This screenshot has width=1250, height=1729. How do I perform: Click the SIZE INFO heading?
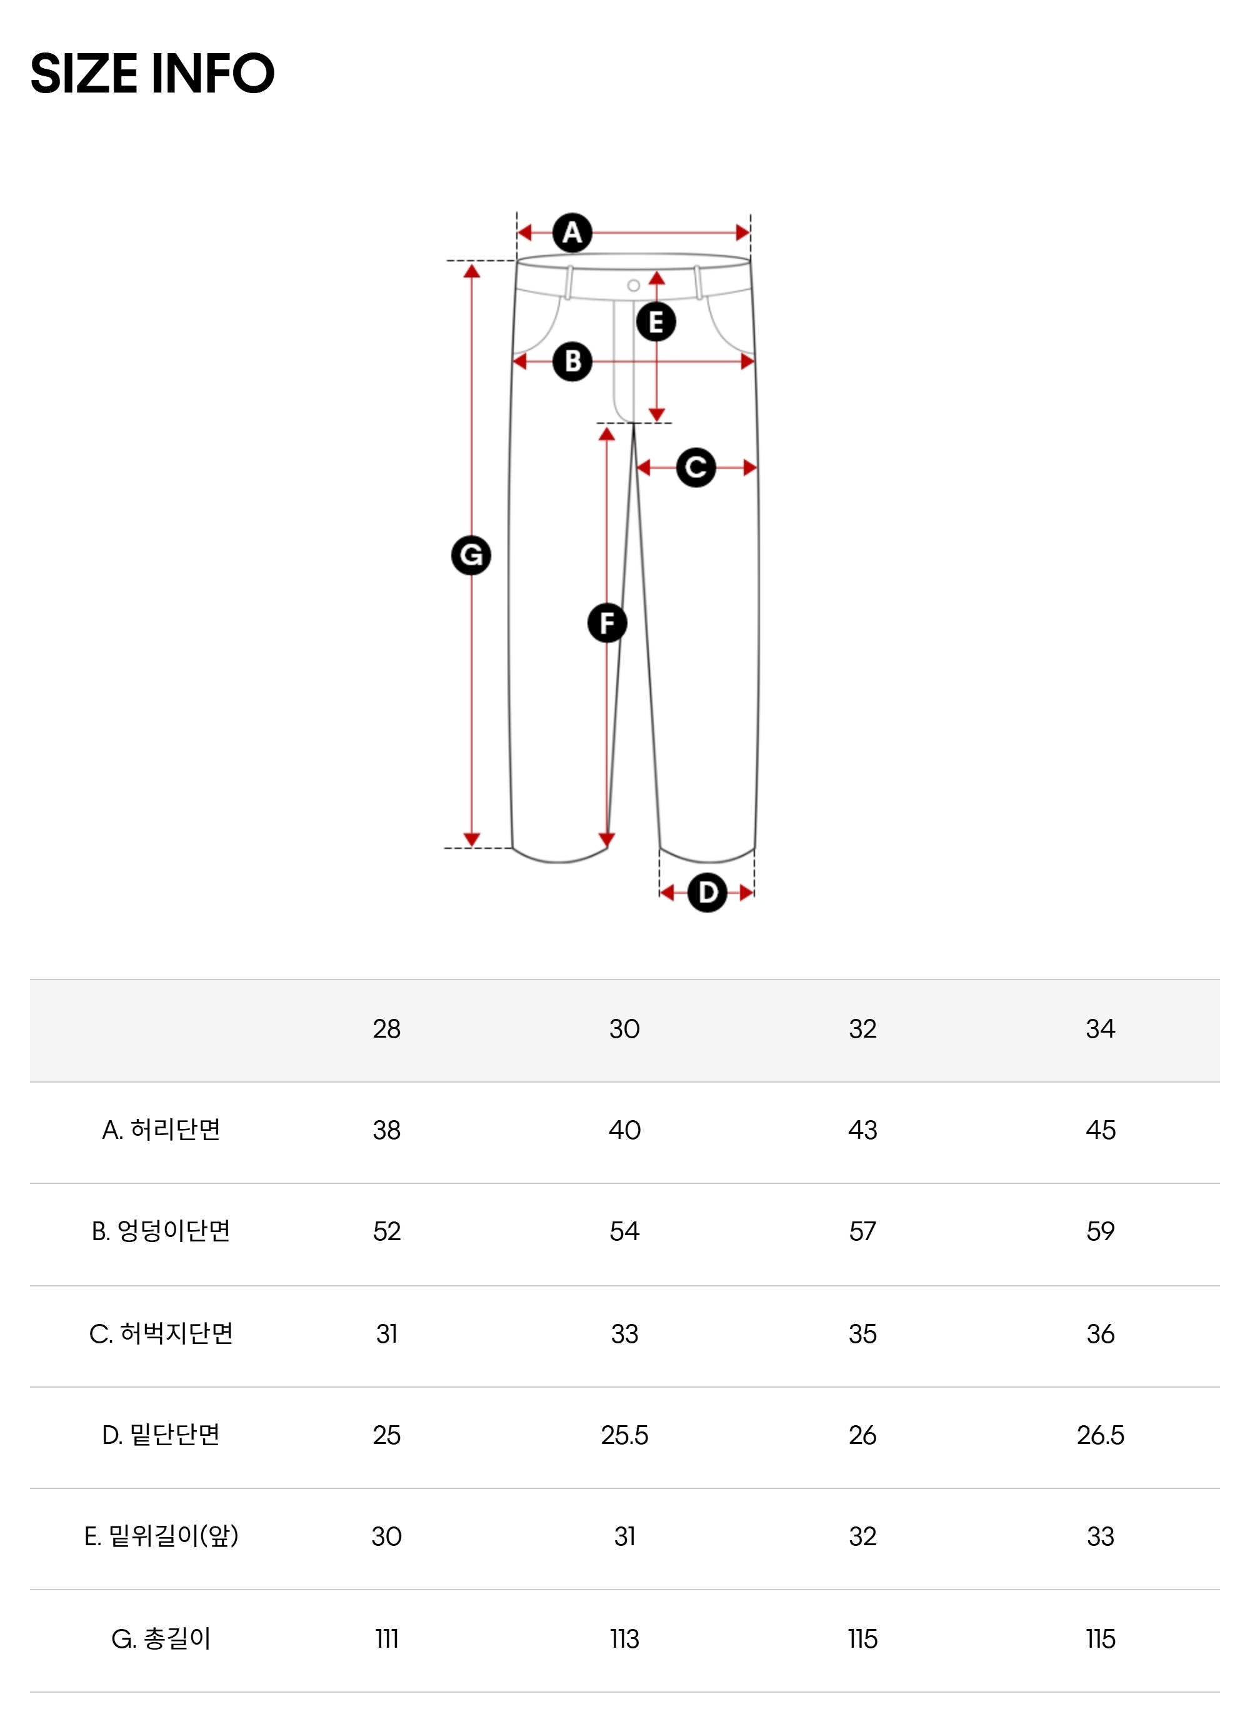[x=152, y=74]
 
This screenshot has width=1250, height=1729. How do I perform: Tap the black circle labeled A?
[x=572, y=233]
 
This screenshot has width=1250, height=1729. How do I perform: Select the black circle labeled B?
[x=572, y=361]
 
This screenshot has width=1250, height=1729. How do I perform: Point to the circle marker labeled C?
[x=696, y=468]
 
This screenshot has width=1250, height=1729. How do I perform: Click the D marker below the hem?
[x=707, y=892]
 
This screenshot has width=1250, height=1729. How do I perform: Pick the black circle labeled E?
[x=656, y=322]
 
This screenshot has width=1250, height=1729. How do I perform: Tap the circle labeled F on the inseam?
[x=607, y=623]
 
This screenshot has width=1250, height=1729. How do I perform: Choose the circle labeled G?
[x=471, y=555]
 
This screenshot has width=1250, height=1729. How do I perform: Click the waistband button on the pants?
[x=633, y=286]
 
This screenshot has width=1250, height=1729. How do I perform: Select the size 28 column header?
[x=386, y=1029]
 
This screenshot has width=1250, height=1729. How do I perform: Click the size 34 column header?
[x=1100, y=1029]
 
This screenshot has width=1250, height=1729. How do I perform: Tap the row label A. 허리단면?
[x=161, y=1130]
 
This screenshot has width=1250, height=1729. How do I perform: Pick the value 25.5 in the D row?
[x=624, y=1435]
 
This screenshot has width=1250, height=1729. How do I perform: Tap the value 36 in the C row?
[x=1100, y=1334]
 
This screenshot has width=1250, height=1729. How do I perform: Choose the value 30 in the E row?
[x=386, y=1536]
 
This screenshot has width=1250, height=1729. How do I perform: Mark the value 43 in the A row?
[x=862, y=1130]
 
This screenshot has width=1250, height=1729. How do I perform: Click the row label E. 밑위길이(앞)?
[x=161, y=1536]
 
